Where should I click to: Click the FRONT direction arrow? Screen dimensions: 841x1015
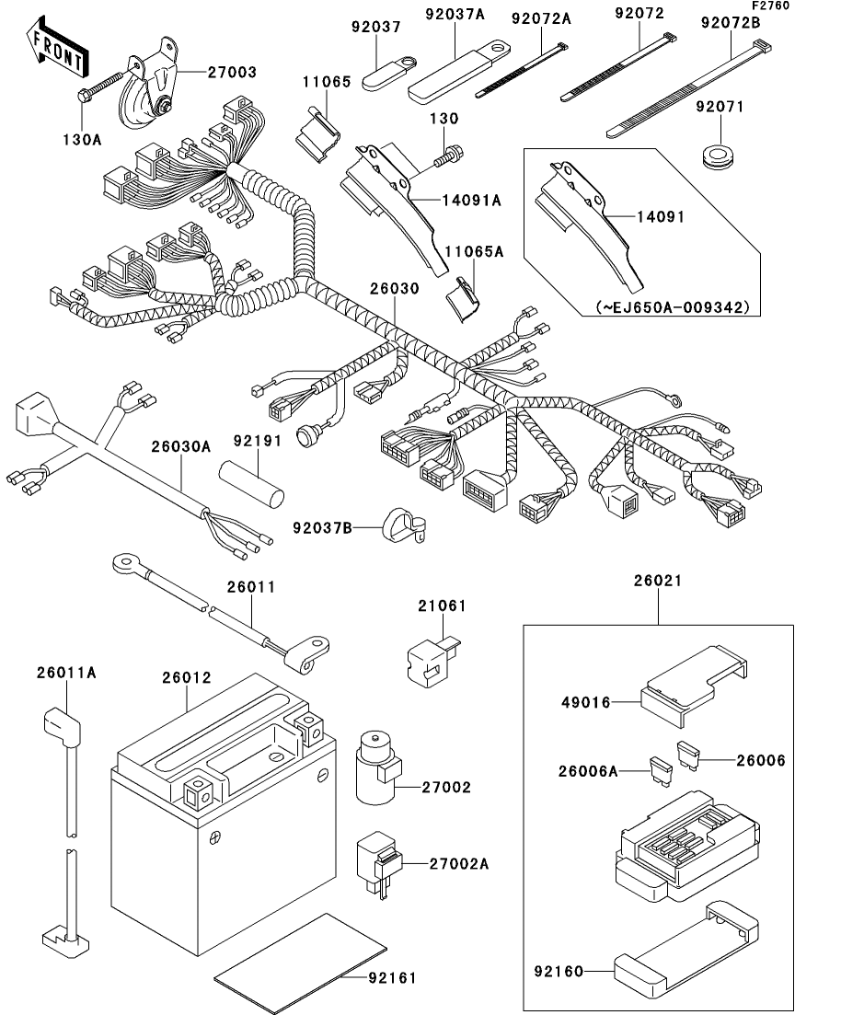(x=57, y=47)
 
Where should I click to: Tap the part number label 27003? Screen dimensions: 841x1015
(x=232, y=72)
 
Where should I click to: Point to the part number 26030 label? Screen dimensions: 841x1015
(x=395, y=288)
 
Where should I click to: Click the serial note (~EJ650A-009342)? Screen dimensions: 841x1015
(x=674, y=306)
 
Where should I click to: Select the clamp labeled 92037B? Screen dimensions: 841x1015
(x=402, y=526)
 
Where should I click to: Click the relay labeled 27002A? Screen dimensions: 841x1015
(x=379, y=865)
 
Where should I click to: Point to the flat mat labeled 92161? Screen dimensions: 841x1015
(x=300, y=963)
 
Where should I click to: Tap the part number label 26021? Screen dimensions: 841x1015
(x=658, y=580)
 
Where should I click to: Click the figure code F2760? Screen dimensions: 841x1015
(x=770, y=6)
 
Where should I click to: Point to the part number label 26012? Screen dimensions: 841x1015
(x=187, y=677)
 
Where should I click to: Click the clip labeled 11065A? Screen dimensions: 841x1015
(x=462, y=298)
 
